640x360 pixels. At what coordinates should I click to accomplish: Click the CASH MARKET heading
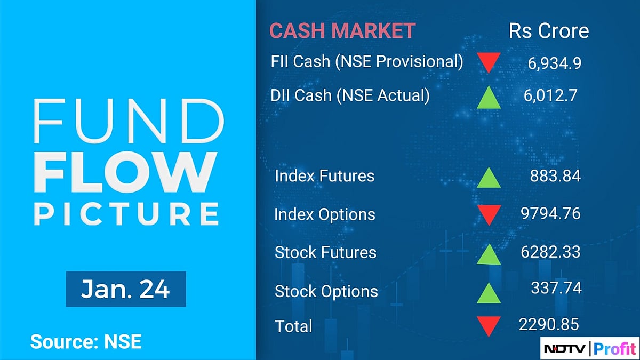pyautogui.click(x=342, y=31)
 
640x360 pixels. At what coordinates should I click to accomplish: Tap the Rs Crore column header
pyautogui.click(x=549, y=31)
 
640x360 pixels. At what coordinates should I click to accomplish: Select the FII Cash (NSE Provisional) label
pyautogui.click(x=367, y=61)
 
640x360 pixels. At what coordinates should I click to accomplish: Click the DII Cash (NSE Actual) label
pyautogui.click(x=350, y=95)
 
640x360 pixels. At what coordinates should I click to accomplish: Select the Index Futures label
pyautogui.click(x=324, y=176)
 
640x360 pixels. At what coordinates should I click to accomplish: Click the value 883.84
pyautogui.click(x=555, y=176)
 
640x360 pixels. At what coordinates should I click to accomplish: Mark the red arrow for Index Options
pyautogui.click(x=488, y=215)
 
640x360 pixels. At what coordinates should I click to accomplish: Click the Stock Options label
pyautogui.click(x=326, y=292)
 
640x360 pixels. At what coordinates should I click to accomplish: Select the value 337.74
pyautogui.click(x=555, y=288)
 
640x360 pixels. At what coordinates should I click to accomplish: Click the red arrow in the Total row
pyautogui.click(x=488, y=326)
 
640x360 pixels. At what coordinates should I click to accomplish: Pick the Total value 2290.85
pyautogui.click(x=548, y=324)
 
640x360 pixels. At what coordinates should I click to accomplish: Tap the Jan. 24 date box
pyautogui.click(x=125, y=289)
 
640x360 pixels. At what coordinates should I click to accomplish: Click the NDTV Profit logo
pyautogui.click(x=589, y=348)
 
